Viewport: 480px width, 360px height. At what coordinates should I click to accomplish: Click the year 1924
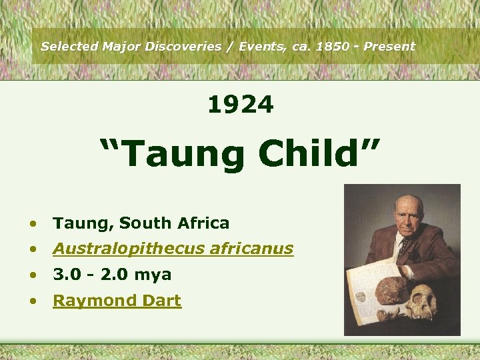[x=240, y=105]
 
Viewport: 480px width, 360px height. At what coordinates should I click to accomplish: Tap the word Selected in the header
[x=69, y=47]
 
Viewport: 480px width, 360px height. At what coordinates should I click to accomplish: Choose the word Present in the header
[x=391, y=47]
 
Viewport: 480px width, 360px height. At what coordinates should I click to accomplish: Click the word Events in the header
[x=256, y=47]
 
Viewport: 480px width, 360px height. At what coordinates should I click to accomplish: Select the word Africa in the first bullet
[x=203, y=223]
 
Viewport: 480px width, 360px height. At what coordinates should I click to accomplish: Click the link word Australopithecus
[x=129, y=249]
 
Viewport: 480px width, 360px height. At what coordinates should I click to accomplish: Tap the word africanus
[x=251, y=249]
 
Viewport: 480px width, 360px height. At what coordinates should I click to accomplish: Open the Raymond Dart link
[x=117, y=301]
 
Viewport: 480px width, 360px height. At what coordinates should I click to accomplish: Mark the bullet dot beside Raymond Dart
[x=32, y=301]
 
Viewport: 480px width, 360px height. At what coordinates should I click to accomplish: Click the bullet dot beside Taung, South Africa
[x=32, y=223]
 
